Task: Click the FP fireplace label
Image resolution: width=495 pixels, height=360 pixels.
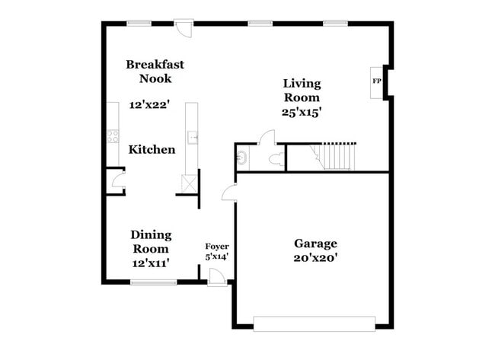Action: pos(376,81)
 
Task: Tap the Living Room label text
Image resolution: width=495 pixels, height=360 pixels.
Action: pos(302,91)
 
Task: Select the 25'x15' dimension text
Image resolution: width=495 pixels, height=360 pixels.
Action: pos(302,111)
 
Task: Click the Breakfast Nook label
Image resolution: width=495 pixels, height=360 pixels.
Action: pos(155,72)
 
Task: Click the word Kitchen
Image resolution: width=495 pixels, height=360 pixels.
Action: pos(152,150)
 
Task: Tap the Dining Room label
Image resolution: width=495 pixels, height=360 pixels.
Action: pos(151,241)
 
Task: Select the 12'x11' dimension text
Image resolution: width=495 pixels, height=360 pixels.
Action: pos(150,263)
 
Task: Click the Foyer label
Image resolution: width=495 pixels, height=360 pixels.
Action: pos(217,247)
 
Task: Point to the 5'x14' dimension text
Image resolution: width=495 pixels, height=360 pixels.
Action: pos(217,257)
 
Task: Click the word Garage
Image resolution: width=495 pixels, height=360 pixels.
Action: pos(315,244)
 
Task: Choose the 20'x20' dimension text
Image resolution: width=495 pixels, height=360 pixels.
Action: pos(315,258)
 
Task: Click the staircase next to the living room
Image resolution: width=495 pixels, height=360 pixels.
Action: pos(335,156)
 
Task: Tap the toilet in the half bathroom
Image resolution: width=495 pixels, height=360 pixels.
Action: pos(276,160)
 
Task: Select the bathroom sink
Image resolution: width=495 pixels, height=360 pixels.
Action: pos(241,158)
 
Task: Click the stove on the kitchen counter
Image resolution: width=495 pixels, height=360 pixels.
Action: pos(112,137)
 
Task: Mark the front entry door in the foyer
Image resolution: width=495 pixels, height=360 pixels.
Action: pos(217,278)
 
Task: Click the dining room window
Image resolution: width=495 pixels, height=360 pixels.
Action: pos(153,282)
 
